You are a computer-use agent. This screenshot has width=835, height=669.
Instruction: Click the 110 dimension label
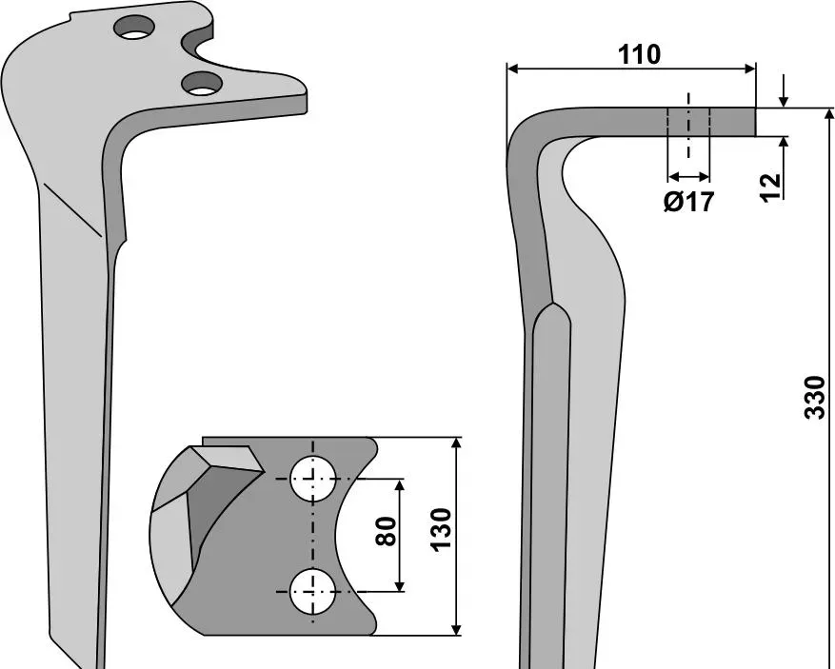(x=639, y=55)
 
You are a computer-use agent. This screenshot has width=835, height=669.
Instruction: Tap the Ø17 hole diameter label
(x=688, y=202)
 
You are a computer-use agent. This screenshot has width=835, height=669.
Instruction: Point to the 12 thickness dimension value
(x=770, y=187)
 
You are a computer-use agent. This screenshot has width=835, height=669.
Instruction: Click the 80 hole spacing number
(x=387, y=531)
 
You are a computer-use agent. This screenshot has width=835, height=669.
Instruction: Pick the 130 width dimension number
(x=441, y=529)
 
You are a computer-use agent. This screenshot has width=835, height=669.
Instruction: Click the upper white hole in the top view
(x=313, y=478)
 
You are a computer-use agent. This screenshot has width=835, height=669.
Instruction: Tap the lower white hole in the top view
(x=313, y=591)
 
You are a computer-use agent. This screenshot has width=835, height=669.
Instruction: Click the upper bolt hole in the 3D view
(x=134, y=27)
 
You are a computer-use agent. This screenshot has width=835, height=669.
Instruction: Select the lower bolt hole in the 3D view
(x=202, y=84)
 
